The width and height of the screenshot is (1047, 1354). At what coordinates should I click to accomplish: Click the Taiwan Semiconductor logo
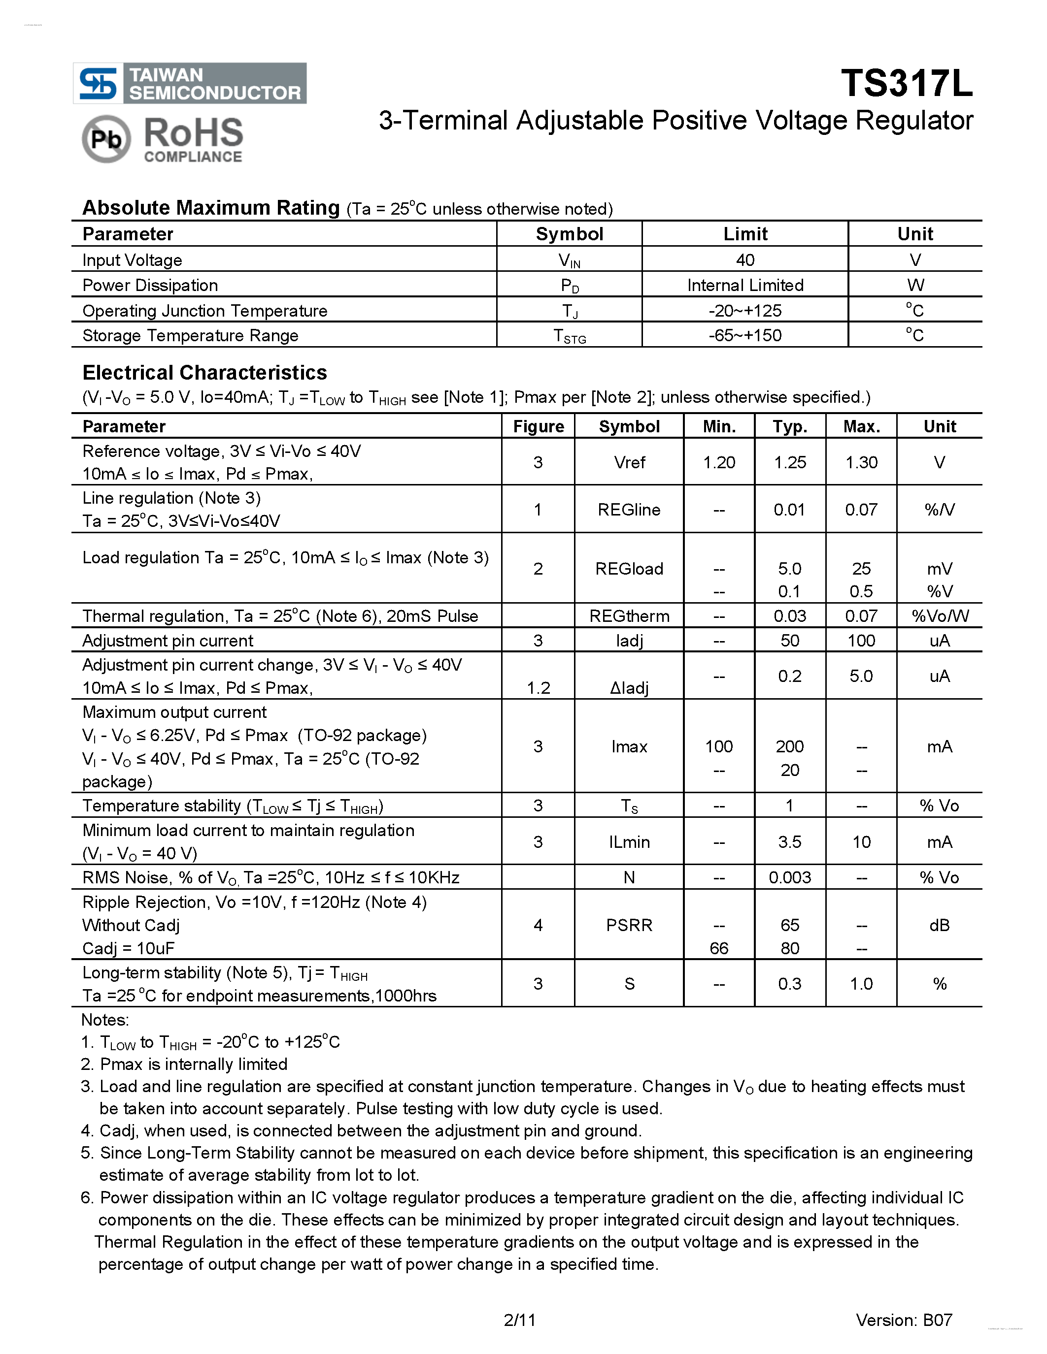(x=190, y=83)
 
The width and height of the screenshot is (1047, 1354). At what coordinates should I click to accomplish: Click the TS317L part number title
(x=906, y=83)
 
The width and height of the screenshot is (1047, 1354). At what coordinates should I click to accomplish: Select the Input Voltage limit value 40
(x=745, y=260)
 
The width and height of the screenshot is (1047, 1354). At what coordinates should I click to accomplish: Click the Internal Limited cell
(x=745, y=285)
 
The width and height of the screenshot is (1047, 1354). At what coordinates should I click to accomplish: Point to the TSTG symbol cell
(x=570, y=336)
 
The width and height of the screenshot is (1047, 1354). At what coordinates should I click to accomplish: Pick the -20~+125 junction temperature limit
(x=745, y=311)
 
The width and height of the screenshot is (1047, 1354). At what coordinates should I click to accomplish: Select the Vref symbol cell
(x=629, y=462)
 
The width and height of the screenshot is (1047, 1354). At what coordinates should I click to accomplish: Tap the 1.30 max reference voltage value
(x=861, y=462)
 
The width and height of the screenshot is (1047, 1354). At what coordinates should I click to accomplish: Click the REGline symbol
(x=629, y=510)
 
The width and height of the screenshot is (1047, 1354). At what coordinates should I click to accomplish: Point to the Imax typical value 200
(x=790, y=746)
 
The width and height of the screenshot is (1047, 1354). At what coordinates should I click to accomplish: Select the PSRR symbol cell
(x=629, y=925)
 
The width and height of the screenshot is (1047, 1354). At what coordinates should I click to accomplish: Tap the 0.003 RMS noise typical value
(x=790, y=877)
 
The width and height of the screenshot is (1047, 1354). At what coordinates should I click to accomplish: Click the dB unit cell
(x=940, y=925)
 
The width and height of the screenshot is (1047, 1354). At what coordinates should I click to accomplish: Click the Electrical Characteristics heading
(x=204, y=373)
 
